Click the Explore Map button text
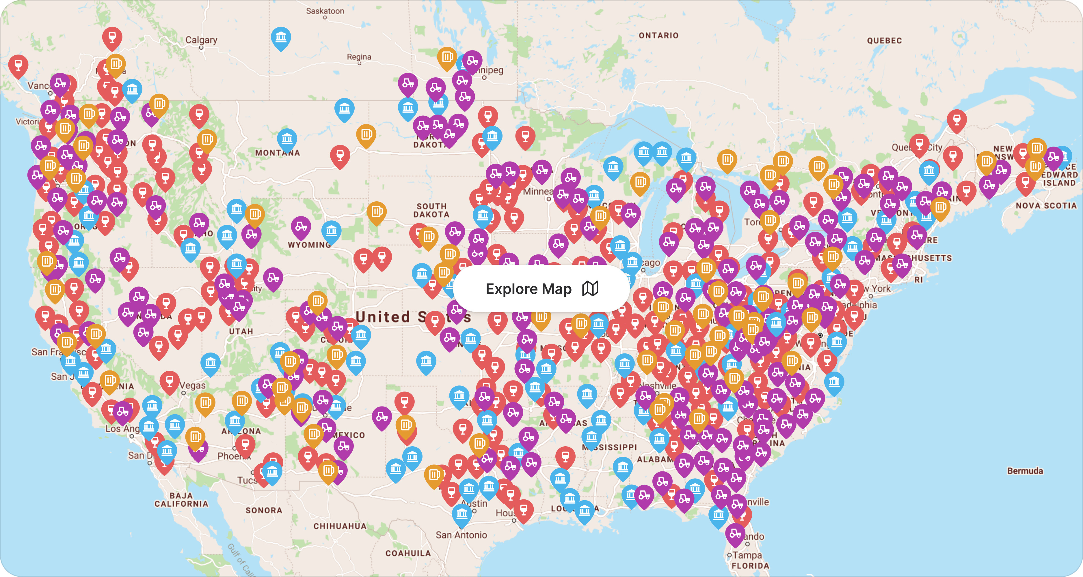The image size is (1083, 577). coord(529,289)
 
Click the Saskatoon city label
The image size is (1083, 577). coord(325,11)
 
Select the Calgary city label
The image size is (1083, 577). coord(201,40)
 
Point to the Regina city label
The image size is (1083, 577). coord(359,57)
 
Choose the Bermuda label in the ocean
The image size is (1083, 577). coord(1025,471)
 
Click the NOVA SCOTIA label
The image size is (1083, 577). coord(1046,205)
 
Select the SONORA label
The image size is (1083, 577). coord(264,510)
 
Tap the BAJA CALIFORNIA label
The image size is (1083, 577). coord(181,500)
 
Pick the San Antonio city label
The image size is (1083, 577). coord(461,535)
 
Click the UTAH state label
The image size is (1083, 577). coord(241,331)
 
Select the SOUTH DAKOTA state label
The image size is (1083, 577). coord(431,210)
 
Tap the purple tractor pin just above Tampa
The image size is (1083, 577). coord(735,533)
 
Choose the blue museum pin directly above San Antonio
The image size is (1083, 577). coord(462,513)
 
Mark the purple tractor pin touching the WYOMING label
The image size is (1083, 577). coord(301,227)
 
